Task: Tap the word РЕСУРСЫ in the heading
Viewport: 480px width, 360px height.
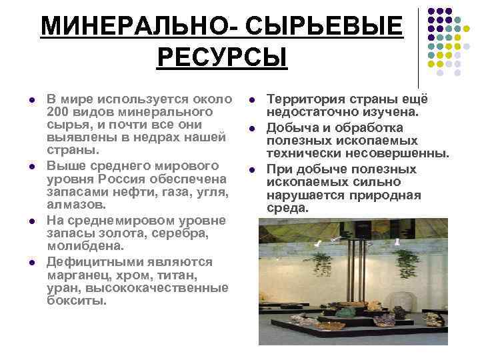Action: pyautogui.click(x=222, y=57)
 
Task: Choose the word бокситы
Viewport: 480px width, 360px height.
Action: pyautogui.click(x=77, y=301)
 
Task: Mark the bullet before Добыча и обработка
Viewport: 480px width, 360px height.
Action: pyautogui.click(x=253, y=127)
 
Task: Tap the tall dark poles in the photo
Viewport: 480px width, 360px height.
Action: pyautogui.click(x=351, y=267)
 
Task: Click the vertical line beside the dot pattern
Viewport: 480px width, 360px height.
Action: pyautogui.click(x=419, y=47)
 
